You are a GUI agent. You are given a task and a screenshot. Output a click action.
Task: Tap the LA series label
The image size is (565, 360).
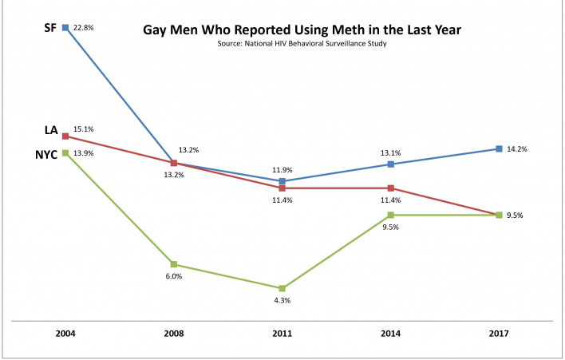(50, 130)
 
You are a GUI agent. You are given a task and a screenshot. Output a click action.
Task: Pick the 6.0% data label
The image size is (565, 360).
(173, 277)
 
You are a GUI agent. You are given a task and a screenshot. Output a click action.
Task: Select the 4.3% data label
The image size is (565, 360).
(282, 301)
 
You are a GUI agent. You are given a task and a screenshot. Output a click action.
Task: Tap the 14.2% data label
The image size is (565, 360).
(516, 149)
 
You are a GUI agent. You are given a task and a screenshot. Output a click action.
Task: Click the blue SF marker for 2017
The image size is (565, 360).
(499, 149)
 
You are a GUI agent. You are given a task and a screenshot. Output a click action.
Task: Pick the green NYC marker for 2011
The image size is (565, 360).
(282, 288)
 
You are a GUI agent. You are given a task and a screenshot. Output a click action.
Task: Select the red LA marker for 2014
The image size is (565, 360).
(390, 188)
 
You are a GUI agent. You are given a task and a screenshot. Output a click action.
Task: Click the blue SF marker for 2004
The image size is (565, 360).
(65, 27)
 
